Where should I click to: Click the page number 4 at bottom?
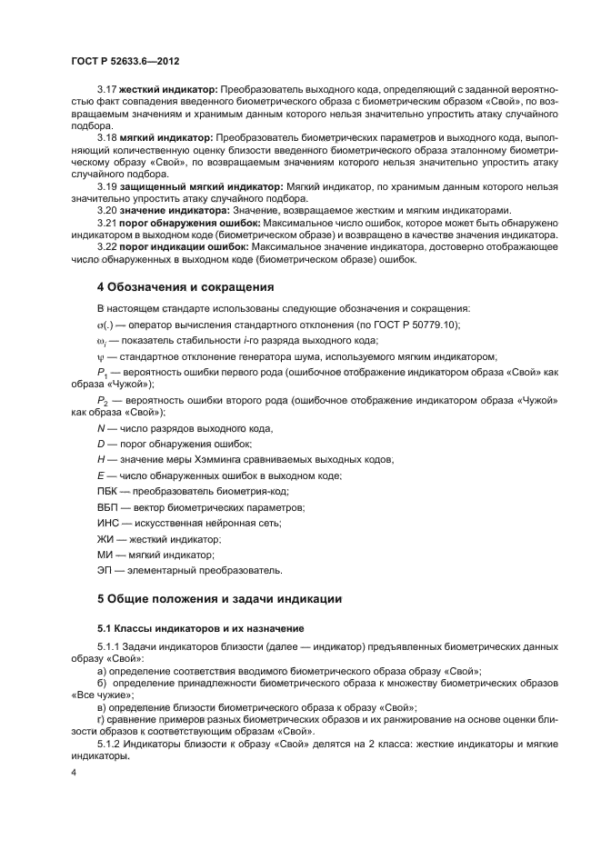pos(74,773)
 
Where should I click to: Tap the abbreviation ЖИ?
pos(105,539)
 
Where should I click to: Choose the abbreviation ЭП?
pos(105,570)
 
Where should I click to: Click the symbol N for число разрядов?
pos(101,428)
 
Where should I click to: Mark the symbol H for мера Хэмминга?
pos(101,460)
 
